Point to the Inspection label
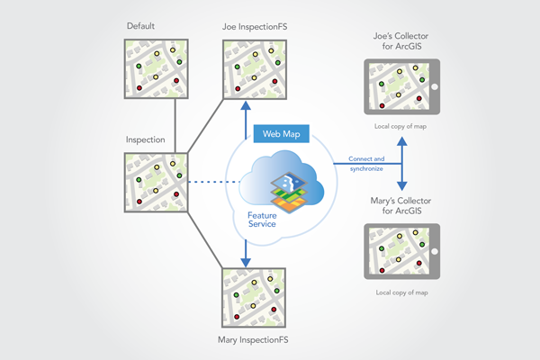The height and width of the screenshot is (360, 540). point(145,140)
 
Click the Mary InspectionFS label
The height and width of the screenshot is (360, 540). point(253,340)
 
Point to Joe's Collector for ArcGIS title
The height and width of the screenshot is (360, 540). point(401,41)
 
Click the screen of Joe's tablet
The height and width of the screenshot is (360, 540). point(398,86)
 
